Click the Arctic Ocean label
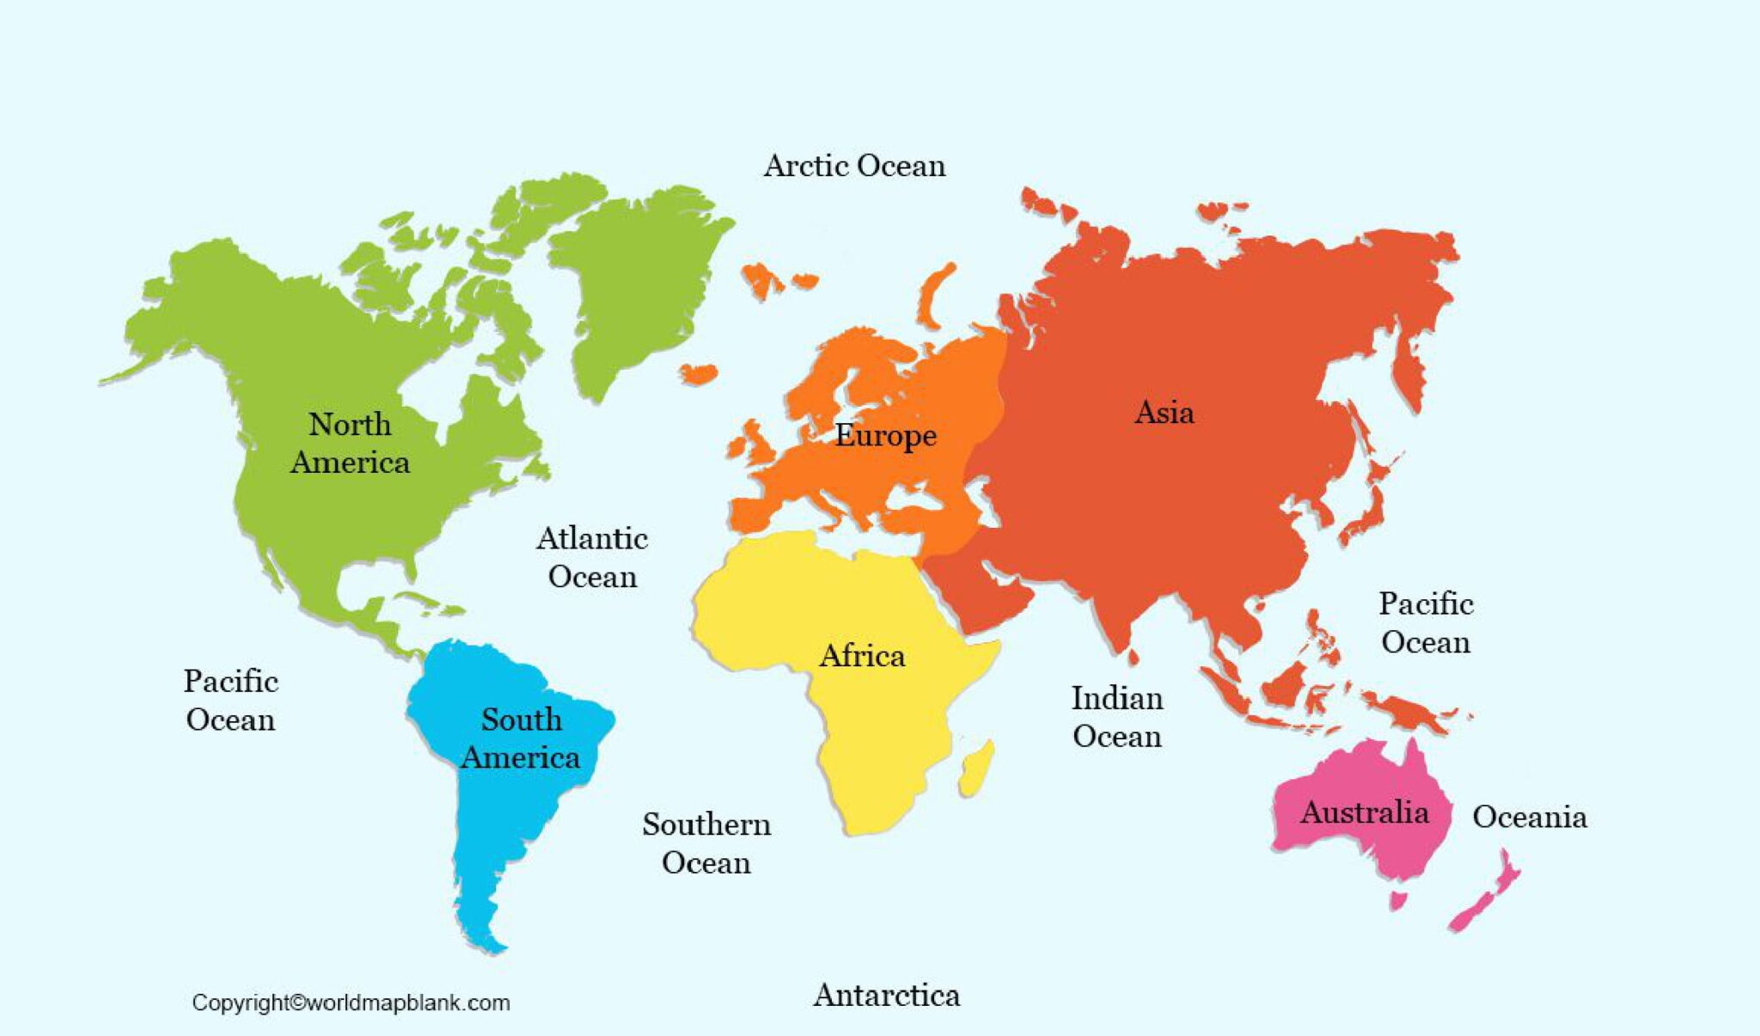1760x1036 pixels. point(854,165)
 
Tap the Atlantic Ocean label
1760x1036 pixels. point(592,557)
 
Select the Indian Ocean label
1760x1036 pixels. point(1116,717)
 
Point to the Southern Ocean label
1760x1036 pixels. point(706,843)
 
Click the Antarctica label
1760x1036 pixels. point(886,995)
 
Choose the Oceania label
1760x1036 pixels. point(1529,817)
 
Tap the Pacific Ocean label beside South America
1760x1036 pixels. point(230,700)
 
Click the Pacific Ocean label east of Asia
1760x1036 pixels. point(1426,622)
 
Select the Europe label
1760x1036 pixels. point(885,435)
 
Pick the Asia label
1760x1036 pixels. point(1164,413)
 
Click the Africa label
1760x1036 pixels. point(862,656)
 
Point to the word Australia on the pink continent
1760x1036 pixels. point(1364,812)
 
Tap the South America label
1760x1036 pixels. point(521,738)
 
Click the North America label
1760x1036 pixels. point(350,443)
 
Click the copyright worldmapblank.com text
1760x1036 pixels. point(351,1002)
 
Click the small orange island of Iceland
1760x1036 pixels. point(698,373)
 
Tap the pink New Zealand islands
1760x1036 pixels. point(1487,894)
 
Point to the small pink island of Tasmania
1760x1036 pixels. point(1398,900)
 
